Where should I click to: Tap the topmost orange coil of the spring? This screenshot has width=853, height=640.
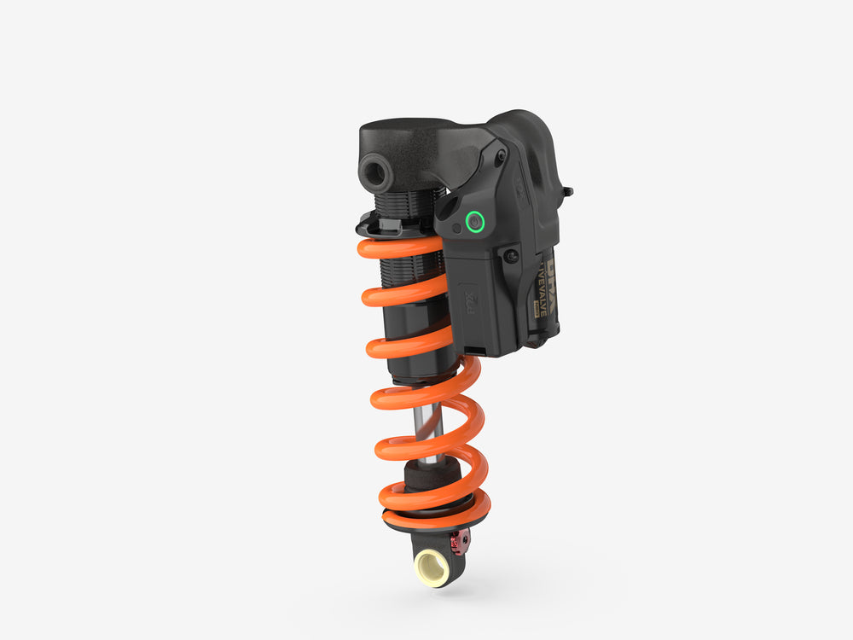(401, 247)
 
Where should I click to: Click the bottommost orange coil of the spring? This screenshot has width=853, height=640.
(435, 514)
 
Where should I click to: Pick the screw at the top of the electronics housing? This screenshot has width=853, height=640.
(501, 157)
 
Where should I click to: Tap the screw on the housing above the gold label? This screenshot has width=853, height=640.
(512, 254)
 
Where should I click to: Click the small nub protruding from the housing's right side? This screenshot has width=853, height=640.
(567, 191)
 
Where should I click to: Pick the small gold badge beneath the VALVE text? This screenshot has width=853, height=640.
(539, 311)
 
